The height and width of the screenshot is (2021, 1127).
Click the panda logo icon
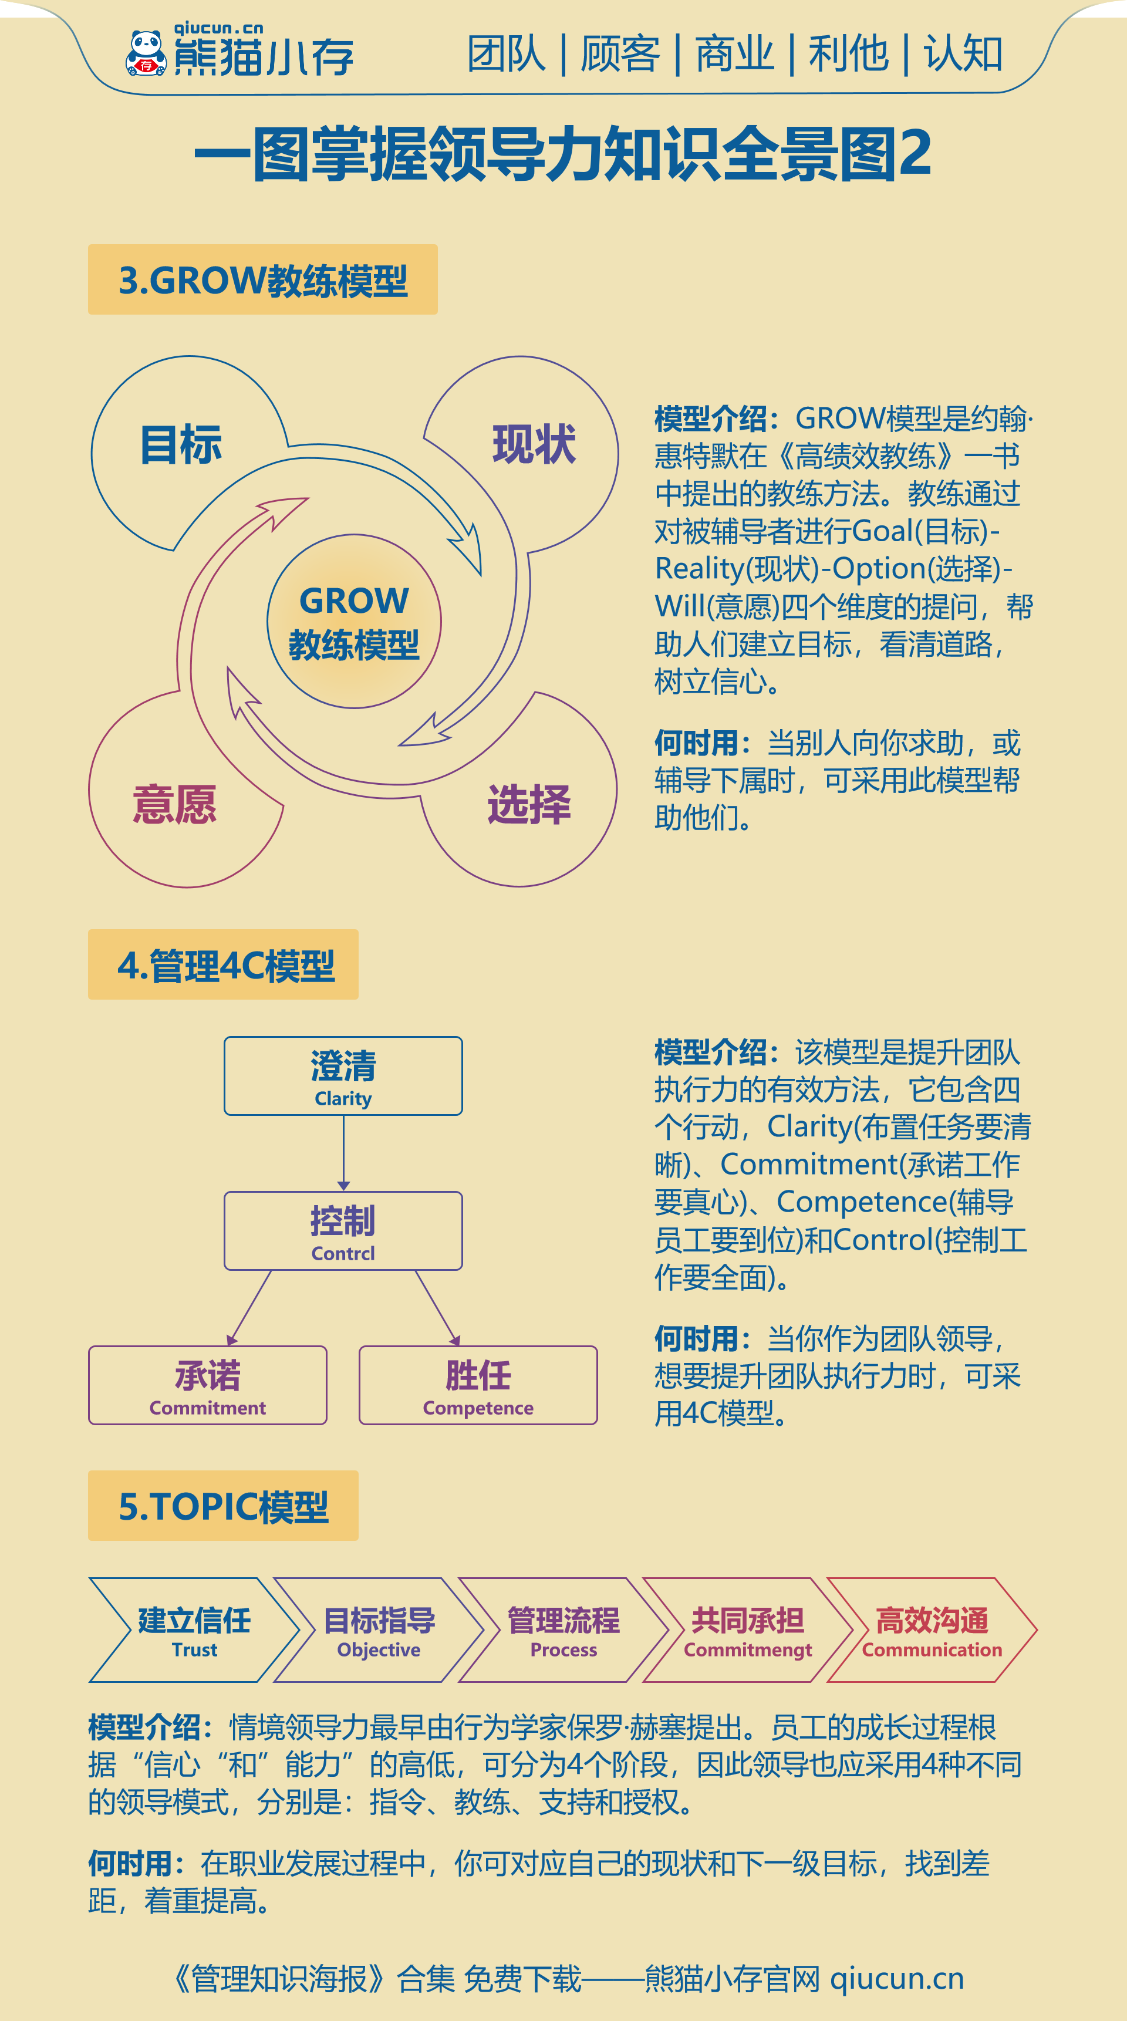[x=147, y=53]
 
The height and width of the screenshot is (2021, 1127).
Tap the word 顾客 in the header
[x=620, y=54]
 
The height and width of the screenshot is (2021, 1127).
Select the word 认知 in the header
[x=963, y=54]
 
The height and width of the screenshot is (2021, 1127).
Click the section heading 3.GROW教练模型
[x=263, y=280]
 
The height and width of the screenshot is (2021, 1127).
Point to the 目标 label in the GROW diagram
[x=181, y=445]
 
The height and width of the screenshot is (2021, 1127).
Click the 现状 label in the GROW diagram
[x=534, y=445]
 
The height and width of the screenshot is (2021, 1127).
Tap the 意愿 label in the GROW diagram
[x=175, y=804]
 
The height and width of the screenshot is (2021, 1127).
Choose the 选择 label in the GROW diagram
[x=529, y=804]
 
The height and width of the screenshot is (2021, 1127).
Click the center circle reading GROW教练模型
[x=355, y=622]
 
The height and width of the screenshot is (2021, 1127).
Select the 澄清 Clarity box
[x=343, y=1075]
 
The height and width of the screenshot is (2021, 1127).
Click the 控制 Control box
[x=343, y=1230]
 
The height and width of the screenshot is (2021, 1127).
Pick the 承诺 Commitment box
[x=208, y=1385]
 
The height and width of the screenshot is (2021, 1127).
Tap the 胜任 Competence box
[x=478, y=1385]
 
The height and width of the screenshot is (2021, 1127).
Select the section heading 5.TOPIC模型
[x=224, y=1506]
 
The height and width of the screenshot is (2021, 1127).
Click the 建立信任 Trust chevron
[x=194, y=1630]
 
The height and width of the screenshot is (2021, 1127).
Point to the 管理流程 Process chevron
[x=563, y=1630]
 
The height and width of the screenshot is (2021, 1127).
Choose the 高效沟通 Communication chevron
[x=932, y=1630]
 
